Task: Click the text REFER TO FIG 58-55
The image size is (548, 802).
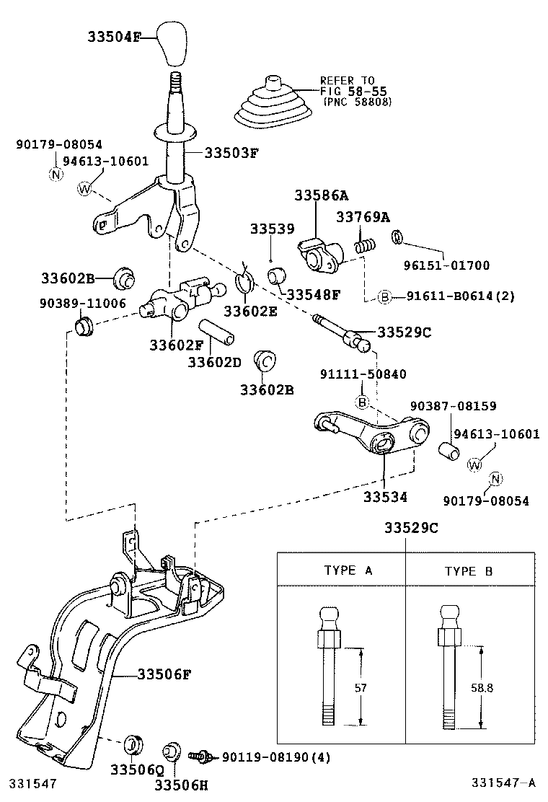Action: coord(348,87)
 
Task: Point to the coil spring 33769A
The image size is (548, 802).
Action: coord(366,245)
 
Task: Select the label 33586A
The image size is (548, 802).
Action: coord(321,195)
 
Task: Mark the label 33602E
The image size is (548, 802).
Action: coord(250,311)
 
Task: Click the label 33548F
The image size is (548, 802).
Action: coord(312,294)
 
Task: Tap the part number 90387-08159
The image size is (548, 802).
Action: coord(453,406)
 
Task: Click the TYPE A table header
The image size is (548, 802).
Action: coord(348,570)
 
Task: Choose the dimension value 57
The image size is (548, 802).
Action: coord(361,688)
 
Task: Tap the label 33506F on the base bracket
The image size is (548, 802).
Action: coord(164,674)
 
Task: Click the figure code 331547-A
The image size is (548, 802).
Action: coord(504,783)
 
